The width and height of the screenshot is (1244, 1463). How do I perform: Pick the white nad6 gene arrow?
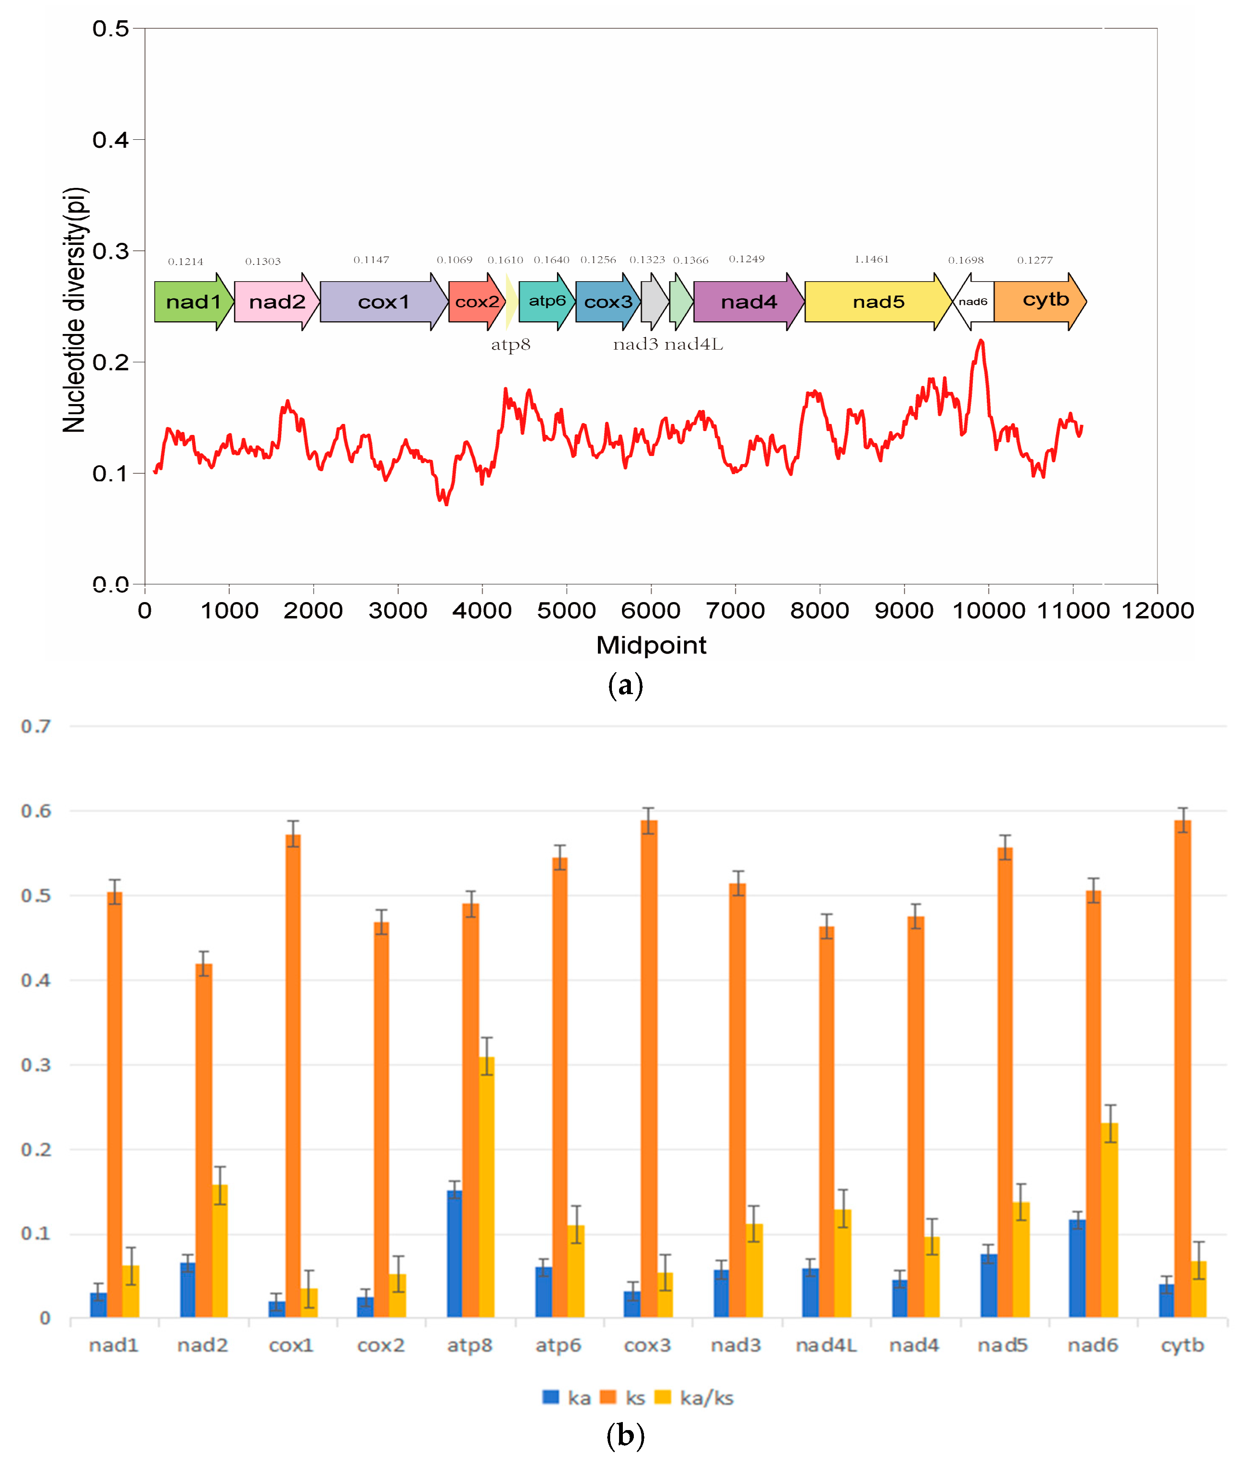(973, 302)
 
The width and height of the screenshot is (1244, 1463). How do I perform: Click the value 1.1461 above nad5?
(871, 260)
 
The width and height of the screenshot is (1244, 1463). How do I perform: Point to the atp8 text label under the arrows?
(511, 345)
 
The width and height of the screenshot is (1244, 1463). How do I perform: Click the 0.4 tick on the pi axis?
(111, 140)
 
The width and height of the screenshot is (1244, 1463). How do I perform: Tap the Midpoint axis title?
(650, 644)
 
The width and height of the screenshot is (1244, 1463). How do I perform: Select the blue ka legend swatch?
(550, 1397)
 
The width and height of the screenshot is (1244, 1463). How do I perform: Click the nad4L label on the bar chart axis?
(826, 1345)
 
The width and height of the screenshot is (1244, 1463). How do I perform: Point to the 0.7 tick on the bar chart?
(36, 726)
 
